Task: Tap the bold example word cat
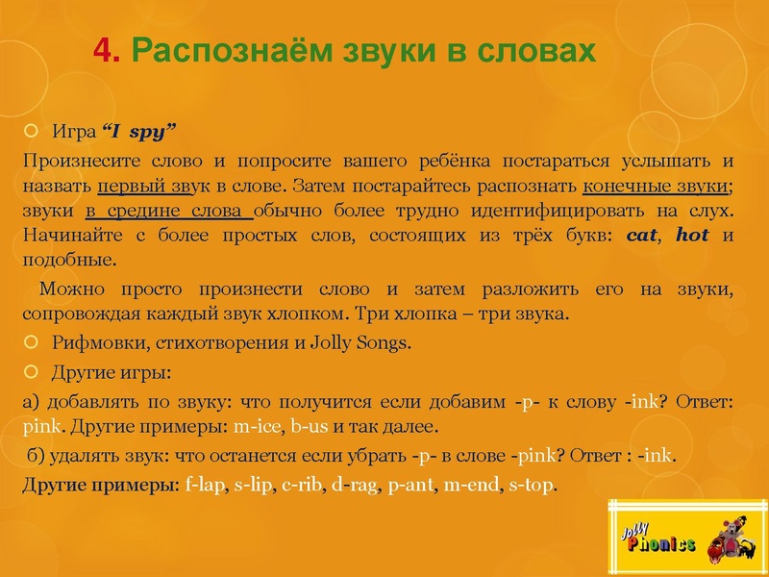pyautogui.click(x=641, y=236)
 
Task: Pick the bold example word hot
pyautogui.click(x=692, y=236)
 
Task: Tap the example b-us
pyautogui.click(x=312, y=426)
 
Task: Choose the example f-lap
pyautogui.click(x=203, y=485)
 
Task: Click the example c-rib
pyautogui.click(x=301, y=485)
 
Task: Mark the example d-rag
pyautogui.click(x=353, y=485)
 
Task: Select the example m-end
pyautogui.click(x=466, y=485)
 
